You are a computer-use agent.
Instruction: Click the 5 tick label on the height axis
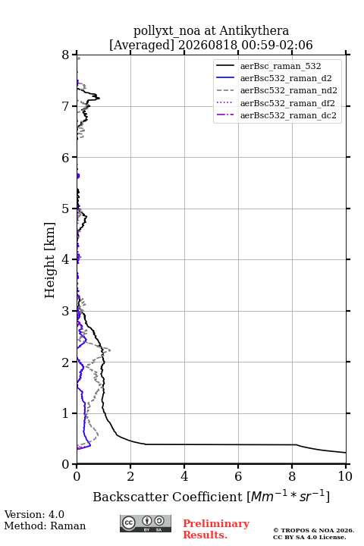pyautogui.click(x=65, y=209)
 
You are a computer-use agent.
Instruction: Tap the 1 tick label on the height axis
pyautogui.click(x=65, y=413)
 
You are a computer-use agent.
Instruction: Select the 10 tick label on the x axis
pyautogui.click(x=345, y=476)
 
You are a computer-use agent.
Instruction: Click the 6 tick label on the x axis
pyautogui.click(x=238, y=476)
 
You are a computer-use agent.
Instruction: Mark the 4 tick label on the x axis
pyautogui.click(x=184, y=476)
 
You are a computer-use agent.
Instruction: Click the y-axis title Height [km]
pyautogui.click(x=50, y=260)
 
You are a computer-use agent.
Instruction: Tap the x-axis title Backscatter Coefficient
pyautogui.click(x=167, y=497)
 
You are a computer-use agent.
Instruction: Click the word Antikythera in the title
pyautogui.click(x=254, y=31)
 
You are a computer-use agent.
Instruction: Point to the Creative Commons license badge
pyautogui.click(x=146, y=523)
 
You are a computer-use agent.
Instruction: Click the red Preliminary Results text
pyautogui.click(x=216, y=529)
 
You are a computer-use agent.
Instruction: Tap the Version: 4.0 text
pyautogui.click(x=34, y=514)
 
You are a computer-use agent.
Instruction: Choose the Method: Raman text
pyautogui.click(x=45, y=526)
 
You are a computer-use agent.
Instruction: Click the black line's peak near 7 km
pyautogui.click(x=99, y=98)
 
